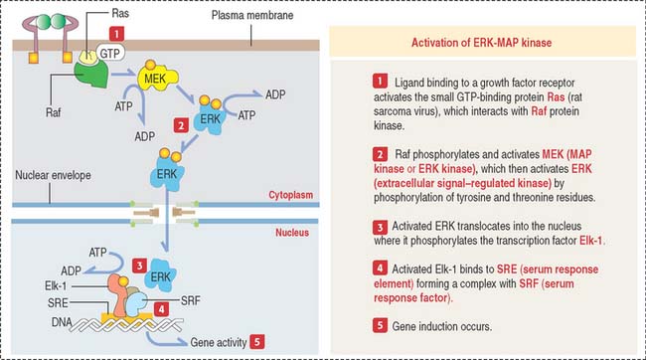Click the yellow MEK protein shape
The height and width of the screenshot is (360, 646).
pyautogui.click(x=157, y=78)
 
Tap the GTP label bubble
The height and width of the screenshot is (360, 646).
pyautogui.click(x=110, y=53)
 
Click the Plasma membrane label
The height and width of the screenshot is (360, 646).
pyautogui.click(x=252, y=15)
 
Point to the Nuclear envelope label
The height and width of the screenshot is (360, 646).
pyautogui.click(x=53, y=175)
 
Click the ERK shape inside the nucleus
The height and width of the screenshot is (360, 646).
pyautogui.click(x=160, y=275)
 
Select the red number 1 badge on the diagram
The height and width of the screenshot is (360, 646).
pyautogui.click(x=116, y=34)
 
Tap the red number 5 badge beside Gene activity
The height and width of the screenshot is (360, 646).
pyautogui.click(x=257, y=341)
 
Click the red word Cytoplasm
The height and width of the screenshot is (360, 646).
pyautogui.click(x=291, y=195)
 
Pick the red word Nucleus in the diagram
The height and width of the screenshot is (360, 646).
pyautogui.click(x=292, y=232)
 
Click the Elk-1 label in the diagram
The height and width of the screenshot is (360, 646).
pyautogui.click(x=56, y=285)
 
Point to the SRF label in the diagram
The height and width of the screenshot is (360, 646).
pyautogui.click(x=191, y=300)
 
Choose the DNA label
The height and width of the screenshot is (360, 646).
pyautogui.click(x=62, y=322)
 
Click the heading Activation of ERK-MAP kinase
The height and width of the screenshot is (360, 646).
pyautogui.click(x=481, y=43)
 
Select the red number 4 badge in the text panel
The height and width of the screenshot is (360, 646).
pyautogui.click(x=380, y=269)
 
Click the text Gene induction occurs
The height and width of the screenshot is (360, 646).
pyautogui.click(x=441, y=326)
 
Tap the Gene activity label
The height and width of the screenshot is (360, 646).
pyautogui.click(x=219, y=342)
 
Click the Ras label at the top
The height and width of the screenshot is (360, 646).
pyautogui.click(x=120, y=13)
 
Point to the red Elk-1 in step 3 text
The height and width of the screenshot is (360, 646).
pyautogui.click(x=590, y=241)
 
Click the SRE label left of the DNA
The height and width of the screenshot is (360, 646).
pyautogui.click(x=58, y=303)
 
